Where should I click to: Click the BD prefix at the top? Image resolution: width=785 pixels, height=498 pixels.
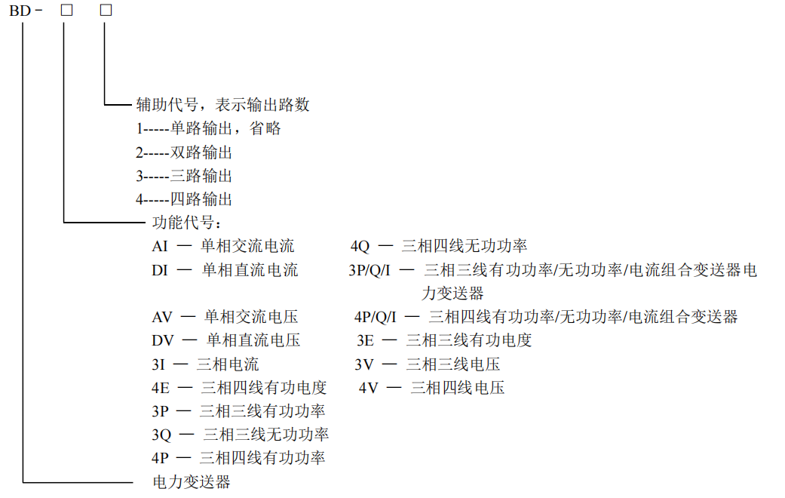coord(20,11)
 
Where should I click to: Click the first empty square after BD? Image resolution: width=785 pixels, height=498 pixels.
coord(66,10)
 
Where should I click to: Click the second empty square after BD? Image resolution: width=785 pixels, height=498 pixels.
coord(106,10)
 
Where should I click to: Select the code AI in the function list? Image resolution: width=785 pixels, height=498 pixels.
coord(160,247)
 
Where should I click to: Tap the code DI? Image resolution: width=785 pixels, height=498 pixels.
coord(160,271)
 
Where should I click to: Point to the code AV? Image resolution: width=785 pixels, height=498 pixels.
coord(162,317)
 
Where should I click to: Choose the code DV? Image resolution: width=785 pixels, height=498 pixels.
coord(163,341)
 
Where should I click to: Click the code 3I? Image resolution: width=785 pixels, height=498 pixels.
coord(158,364)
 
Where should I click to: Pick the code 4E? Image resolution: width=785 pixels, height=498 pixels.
coord(161,388)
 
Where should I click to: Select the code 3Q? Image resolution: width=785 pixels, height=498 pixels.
coord(161,435)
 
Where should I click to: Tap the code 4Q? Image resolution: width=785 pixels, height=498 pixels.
coord(360,247)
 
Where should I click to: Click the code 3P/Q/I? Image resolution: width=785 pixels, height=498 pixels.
coord(370,271)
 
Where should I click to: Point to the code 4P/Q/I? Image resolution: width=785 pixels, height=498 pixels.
coord(375,317)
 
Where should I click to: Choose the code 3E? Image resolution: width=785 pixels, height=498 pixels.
coord(366,341)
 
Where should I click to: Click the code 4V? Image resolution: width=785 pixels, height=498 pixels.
coord(369,388)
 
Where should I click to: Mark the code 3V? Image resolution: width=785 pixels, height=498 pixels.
coord(364,364)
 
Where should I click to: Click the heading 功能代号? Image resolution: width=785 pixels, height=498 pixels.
coord(183,223)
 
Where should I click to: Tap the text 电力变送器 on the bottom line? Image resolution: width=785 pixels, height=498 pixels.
coord(192,482)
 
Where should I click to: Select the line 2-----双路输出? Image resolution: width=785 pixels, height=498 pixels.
coord(184,152)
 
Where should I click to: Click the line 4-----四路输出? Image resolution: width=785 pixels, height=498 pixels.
coord(184,199)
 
